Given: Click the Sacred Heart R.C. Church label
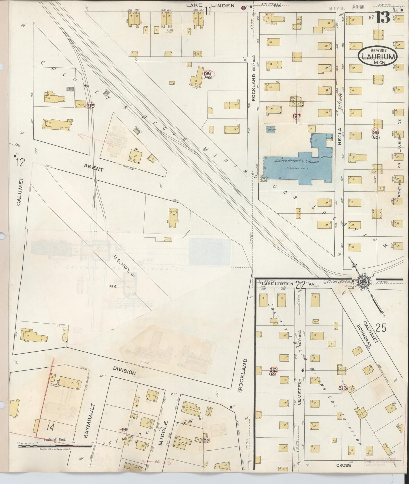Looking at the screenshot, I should (297, 161).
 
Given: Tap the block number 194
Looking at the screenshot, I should (112, 286).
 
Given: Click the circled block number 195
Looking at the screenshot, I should (91, 105).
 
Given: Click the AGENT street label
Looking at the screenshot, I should (94, 169).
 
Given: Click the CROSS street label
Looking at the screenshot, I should (344, 465).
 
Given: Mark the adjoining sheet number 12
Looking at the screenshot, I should (20, 162).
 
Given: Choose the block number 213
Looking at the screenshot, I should (343, 388).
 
